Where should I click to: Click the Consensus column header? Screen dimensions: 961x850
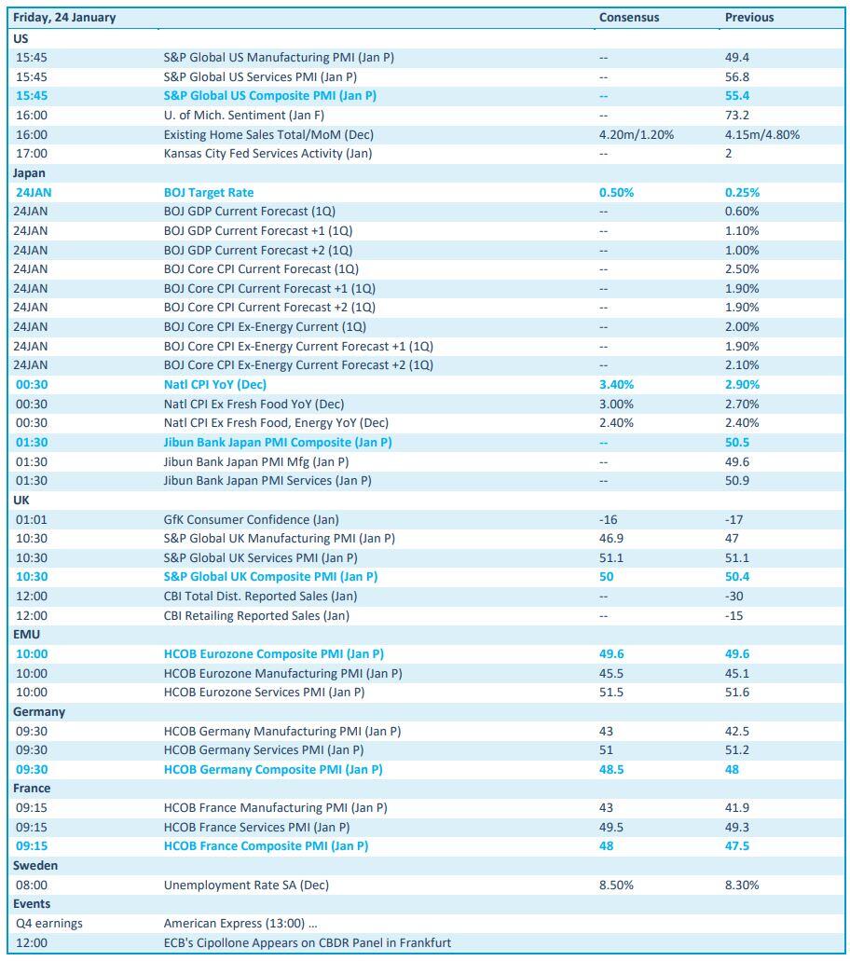(629, 17)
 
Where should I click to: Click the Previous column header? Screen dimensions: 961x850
(749, 17)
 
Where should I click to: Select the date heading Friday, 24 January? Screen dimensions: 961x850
(63, 17)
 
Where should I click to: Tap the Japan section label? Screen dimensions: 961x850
(29, 172)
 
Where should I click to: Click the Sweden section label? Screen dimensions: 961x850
(34, 865)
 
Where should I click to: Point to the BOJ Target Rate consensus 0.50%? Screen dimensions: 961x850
(616, 192)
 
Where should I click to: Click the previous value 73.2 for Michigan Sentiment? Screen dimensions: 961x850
(736, 116)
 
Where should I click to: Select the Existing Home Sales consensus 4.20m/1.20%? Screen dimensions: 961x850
(637, 134)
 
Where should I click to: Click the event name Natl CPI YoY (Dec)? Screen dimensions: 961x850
(215, 384)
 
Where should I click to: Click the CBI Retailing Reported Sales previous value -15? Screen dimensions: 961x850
(733, 615)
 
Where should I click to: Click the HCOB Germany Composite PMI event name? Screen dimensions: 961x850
(273, 769)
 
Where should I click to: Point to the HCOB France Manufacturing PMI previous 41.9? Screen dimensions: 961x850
(737, 807)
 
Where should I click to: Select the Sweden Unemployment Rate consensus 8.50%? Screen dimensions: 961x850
(616, 885)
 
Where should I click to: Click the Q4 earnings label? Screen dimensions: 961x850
(49, 923)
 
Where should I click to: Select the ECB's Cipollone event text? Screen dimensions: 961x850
(307, 942)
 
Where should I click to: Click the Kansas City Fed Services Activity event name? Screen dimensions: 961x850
(267, 154)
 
